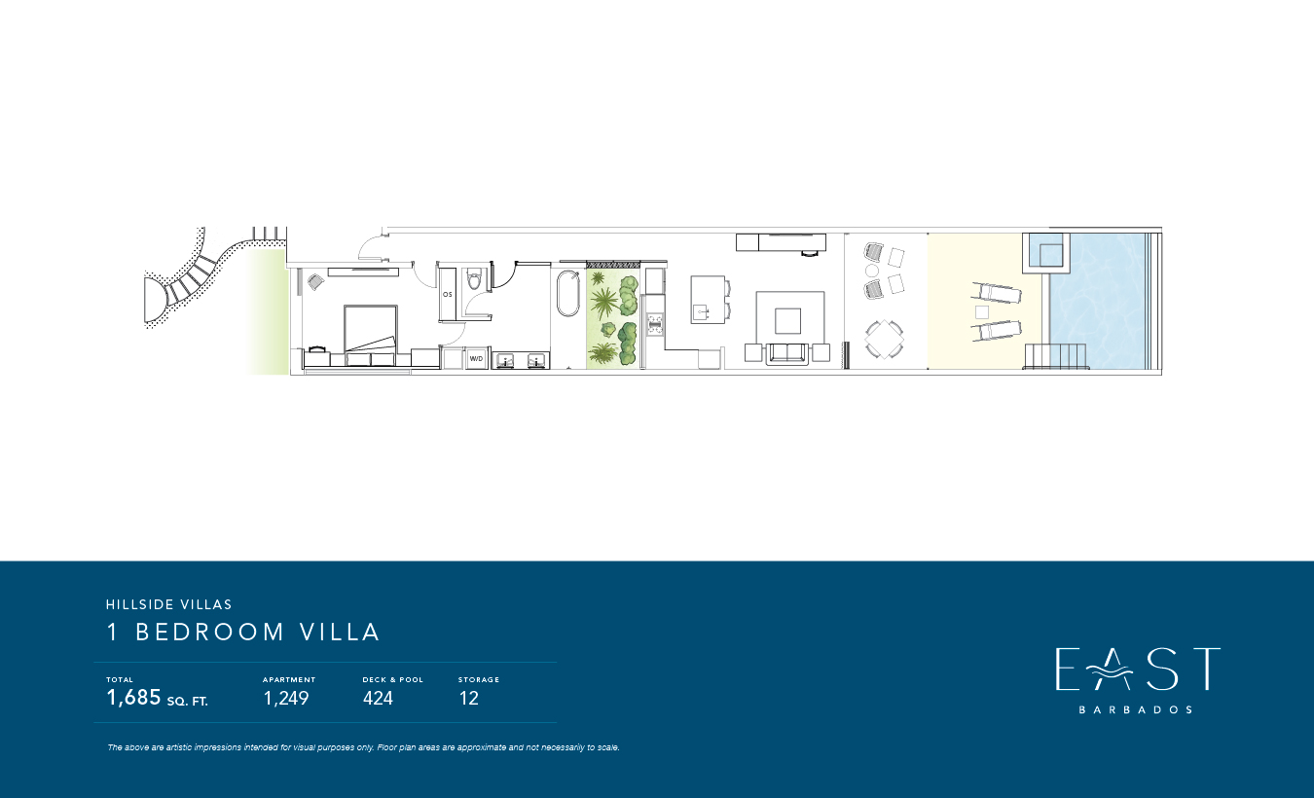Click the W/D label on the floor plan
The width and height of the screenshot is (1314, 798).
click(476, 358)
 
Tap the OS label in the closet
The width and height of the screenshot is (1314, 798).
click(448, 294)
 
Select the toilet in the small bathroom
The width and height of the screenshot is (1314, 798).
click(473, 279)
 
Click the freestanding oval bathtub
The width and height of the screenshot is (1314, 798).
click(567, 293)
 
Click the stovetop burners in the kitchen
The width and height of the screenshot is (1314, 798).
click(655, 324)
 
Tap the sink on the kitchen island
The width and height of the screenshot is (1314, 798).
click(701, 312)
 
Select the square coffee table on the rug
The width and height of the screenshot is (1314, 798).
click(787, 321)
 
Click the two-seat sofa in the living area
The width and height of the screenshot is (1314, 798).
click(786, 353)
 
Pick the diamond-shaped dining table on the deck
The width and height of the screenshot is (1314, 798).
click(884, 339)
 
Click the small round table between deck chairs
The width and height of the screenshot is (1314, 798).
click(872, 271)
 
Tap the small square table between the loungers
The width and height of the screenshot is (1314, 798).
click(981, 312)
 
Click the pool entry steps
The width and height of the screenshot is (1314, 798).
click(1055, 356)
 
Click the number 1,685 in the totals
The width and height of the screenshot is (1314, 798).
click(133, 698)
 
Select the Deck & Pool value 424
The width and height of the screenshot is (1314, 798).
click(378, 698)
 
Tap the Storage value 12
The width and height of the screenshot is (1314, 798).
click(469, 698)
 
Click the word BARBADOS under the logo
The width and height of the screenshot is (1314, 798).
click(1136, 709)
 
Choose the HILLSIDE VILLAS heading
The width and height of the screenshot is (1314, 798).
click(169, 604)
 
